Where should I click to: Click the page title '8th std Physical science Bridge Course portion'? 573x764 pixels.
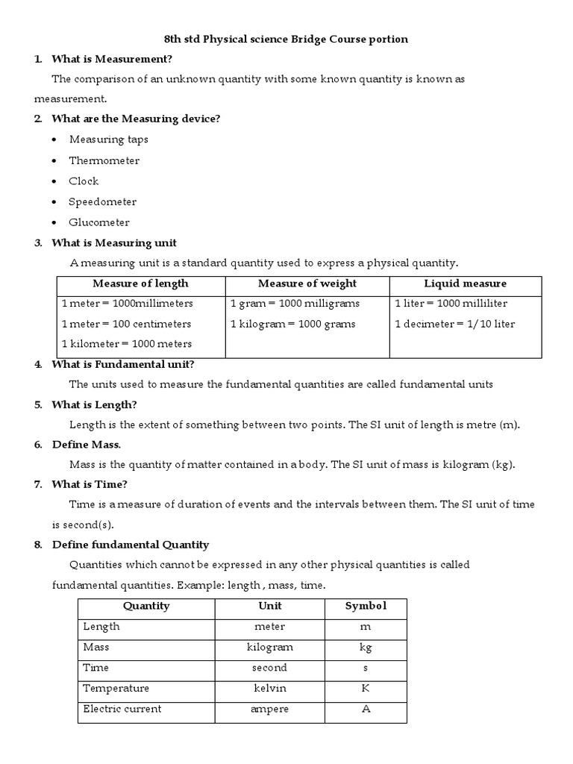click(x=286, y=40)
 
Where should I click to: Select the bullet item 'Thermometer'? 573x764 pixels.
click(x=104, y=160)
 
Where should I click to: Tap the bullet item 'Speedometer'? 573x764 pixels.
click(x=102, y=201)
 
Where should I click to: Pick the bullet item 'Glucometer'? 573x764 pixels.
click(x=99, y=222)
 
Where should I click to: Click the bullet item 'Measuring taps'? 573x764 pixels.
click(x=108, y=140)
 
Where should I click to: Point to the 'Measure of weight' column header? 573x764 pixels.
click(x=307, y=284)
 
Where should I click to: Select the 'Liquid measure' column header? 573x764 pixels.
click(x=465, y=284)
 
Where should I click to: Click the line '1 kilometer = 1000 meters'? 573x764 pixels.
click(x=126, y=344)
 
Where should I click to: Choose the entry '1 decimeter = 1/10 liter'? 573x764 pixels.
click(x=454, y=324)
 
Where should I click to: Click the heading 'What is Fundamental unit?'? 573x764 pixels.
click(x=122, y=364)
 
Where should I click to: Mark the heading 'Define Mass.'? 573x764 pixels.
click(x=86, y=445)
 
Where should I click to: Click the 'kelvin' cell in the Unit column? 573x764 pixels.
click(x=269, y=688)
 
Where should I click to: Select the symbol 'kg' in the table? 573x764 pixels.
click(x=366, y=647)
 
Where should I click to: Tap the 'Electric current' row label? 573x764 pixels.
click(x=122, y=709)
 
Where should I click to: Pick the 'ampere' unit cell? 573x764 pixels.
click(x=269, y=709)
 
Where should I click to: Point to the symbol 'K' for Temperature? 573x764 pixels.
click(x=366, y=688)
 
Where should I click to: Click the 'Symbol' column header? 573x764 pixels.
click(x=366, y=606)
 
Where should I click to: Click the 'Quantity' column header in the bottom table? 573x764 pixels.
click(x=146, y=606)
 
